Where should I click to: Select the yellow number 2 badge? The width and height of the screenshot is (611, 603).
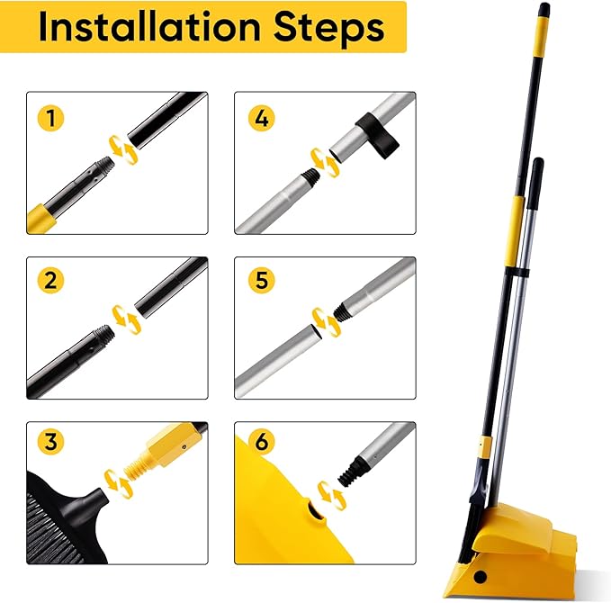click(x=50, y=281)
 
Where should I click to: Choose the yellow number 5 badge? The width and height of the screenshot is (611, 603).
click(x=260, y=281)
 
